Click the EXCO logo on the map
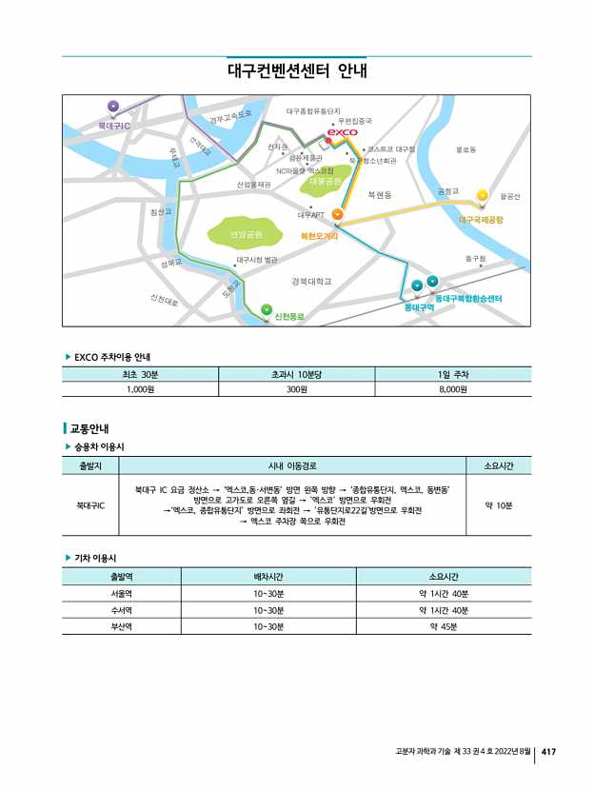pos(342,132)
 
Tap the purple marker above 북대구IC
pos(113,106)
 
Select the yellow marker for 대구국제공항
pos(482,195)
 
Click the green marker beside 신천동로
pos(266,308)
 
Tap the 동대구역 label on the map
pos(419,307)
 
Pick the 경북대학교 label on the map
pos(311,282)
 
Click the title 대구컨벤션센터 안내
pos(297,71)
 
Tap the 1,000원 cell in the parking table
pos(140,389)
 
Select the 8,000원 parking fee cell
pos(452,389)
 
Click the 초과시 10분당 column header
pos(297,374)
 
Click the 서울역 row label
pos(121,593)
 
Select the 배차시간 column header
pos(268,576)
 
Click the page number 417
pos(548,752)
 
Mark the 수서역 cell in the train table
pos(121,610)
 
